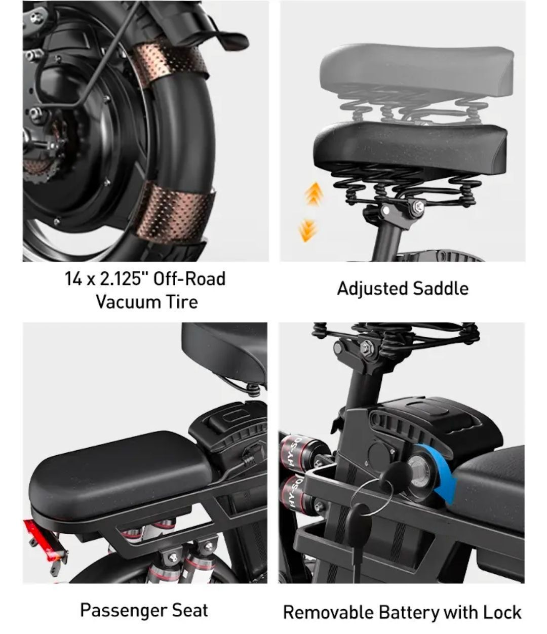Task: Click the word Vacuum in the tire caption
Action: pos(129,302)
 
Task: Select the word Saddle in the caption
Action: pos(440,289)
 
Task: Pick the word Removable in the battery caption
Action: pos(328,613)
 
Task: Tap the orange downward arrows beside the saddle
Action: pos(307,229)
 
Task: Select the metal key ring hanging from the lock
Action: pos(372,497)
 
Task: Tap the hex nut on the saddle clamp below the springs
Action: pos(418,206)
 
